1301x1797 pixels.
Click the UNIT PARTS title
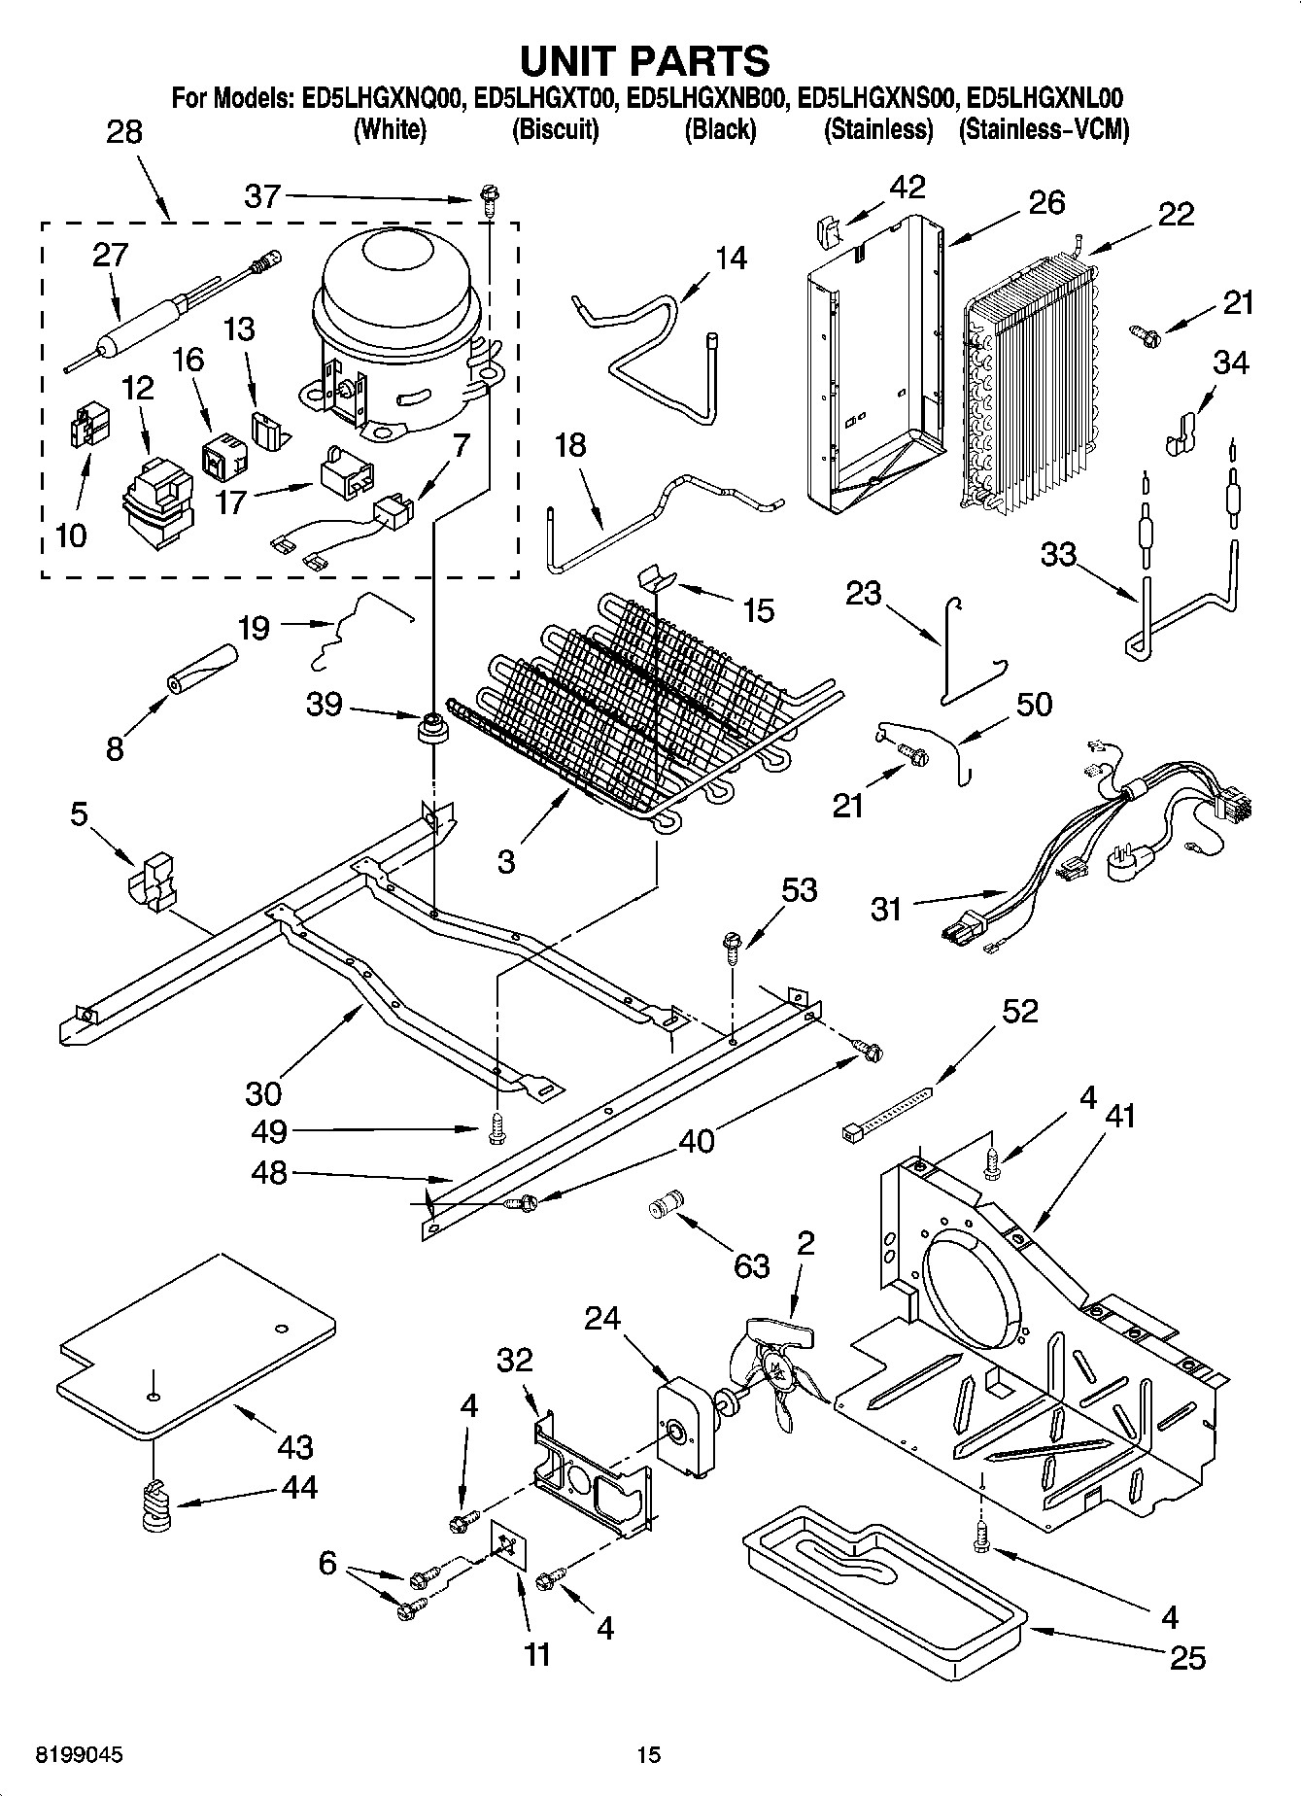(645, 60)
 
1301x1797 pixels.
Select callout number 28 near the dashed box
(123, 131)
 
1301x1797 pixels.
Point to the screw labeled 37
(488, 203)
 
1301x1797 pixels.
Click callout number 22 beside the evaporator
(1175, 214)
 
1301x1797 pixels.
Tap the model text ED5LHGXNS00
(877, 98)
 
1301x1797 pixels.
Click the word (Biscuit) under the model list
(556, 129)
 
